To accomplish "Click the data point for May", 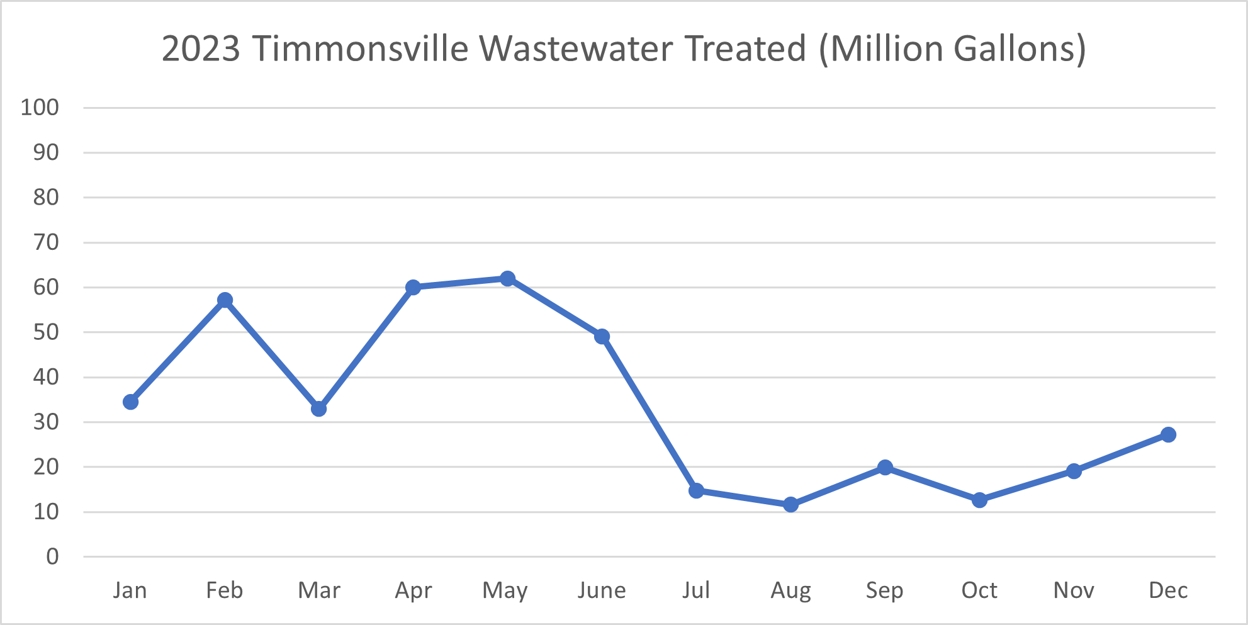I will [507, 278].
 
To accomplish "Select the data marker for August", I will [790, 504].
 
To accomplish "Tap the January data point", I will [130, 402].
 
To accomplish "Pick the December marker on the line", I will [1168, 434].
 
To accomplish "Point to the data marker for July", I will [696, 490].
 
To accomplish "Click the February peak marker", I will [225, 300].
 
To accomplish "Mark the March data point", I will [318, 408].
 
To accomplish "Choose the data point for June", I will [602, 336].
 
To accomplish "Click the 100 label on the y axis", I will [40, 107].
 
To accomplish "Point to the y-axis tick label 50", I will [46, 332].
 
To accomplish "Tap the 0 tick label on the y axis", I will [52, 556].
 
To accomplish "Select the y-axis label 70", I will [46, 242].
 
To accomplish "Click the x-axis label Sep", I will [884, 590].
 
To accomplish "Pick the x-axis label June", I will [602, 590].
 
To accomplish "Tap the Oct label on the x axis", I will [979, 590].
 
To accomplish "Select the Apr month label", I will [413, 590].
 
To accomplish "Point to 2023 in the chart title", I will [201, 48].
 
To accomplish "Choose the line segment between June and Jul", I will [649, 414].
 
